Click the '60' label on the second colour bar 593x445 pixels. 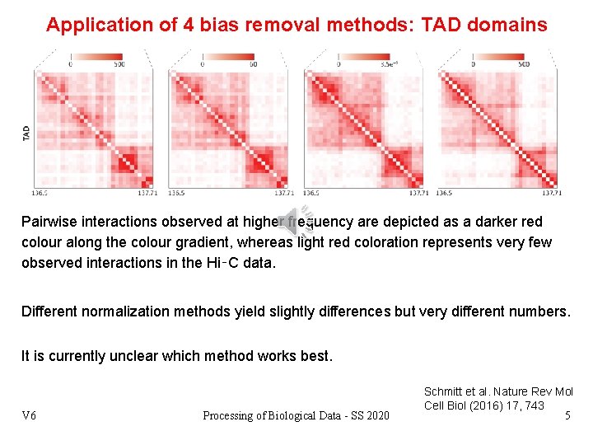(x=253, y=64)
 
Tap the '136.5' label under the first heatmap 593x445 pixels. (x=40, y=193)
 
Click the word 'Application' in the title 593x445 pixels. (x=99, y=25)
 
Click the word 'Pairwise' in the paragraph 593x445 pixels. (x=50, y=222)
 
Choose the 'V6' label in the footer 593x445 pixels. (x=29, y=415)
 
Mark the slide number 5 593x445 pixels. (x=567, y=415)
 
